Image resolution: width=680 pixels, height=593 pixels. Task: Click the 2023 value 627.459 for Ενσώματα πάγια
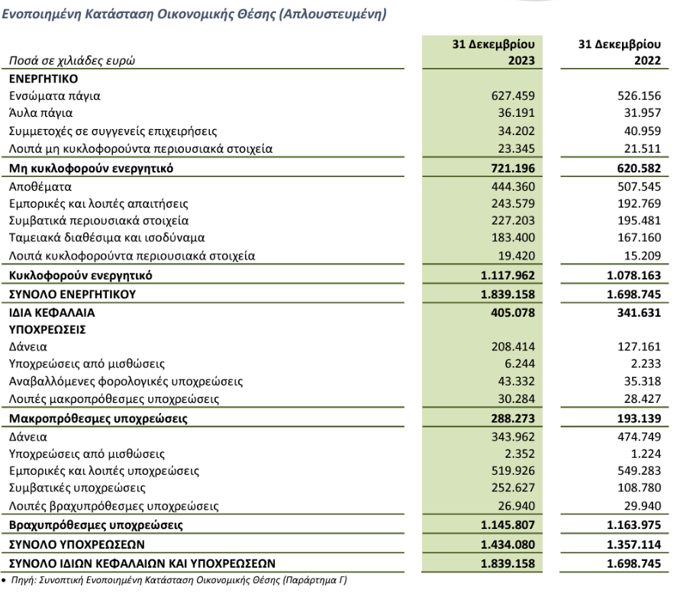tap(512, 95)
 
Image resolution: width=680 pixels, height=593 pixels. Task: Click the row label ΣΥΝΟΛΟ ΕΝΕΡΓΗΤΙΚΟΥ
tap(73, 295)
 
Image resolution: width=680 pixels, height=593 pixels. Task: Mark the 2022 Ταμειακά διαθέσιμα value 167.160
tap(640, 238)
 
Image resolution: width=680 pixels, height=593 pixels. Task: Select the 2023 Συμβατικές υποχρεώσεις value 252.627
tap(512, 488)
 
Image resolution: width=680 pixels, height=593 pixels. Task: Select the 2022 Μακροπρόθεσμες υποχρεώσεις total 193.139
tap(639, 419)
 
